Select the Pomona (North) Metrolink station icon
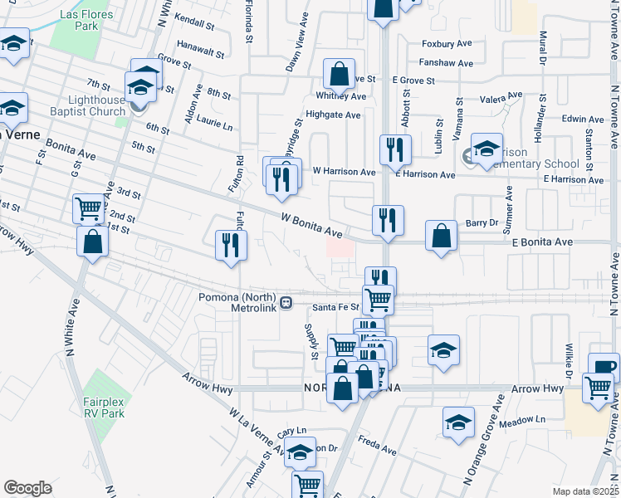coord(286,303)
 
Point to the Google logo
coord(27,488)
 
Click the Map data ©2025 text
coord(584,491)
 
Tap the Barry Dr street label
coord(481,222)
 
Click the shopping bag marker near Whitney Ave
coord(339,75)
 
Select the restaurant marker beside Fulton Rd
coord(228,244)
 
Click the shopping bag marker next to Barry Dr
coord(442,235)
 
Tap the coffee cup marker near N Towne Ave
coord(604,367)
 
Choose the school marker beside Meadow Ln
coord(458,422)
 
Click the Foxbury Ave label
coord(447,43)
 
